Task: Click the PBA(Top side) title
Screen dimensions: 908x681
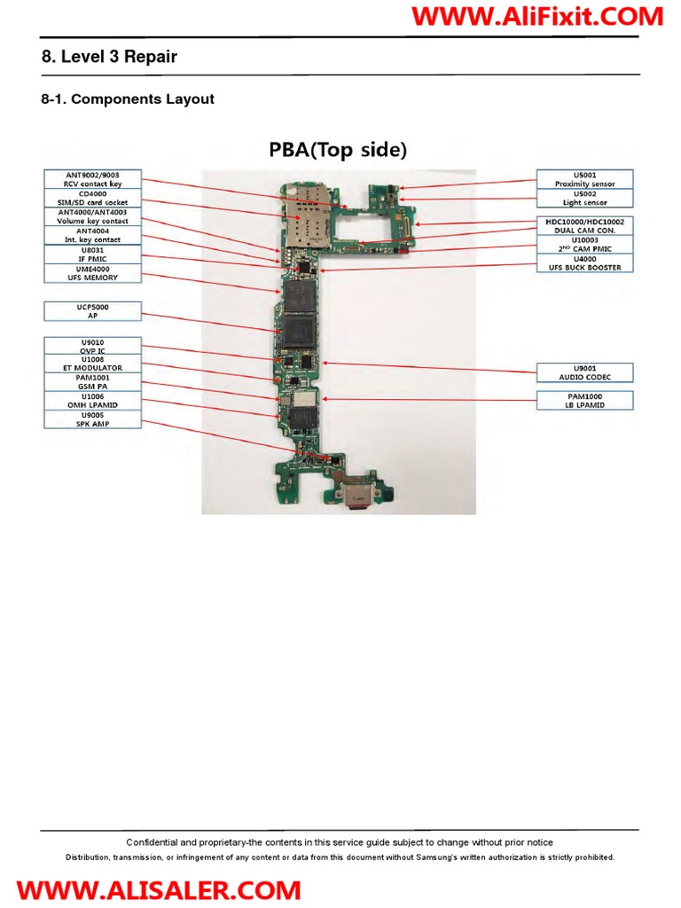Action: pyautogui.click(x=338, y=150)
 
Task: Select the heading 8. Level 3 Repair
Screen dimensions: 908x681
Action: pyautogui.click(x=109, y=57)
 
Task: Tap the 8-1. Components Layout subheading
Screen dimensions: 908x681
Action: pyautogui.click(x=128, y=99)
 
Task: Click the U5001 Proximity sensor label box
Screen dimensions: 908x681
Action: pyautogui.click(x=584, y=179)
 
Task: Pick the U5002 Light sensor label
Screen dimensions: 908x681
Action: pyautogui.click(x=584, y=198)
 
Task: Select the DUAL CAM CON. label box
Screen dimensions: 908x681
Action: pyautogui.click(x=584, y=225)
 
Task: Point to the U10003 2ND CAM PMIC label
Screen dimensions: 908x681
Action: pyautogui.click(x=584, y=244)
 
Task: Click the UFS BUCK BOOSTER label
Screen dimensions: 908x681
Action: pyautogui.click(x=584, y=262)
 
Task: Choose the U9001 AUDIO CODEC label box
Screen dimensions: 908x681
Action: pyautogui.click(x=584, y=372)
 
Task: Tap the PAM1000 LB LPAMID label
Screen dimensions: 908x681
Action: pyautogui.click(x=584, y=400)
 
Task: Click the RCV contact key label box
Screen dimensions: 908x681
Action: pyautogui.click(x=92, y=179)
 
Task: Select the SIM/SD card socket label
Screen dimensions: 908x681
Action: pyautogui.click(x=92, y=198)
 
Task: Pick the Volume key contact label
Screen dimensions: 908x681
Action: pyautogui.click(x=92, y=216)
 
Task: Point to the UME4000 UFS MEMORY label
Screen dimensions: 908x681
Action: pyautogui.click(x=92, y=273)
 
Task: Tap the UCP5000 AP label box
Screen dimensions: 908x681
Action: pyautogui.click(x=92, y=310)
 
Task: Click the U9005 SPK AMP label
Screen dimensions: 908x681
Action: pyautogui.click(x=92, y=419)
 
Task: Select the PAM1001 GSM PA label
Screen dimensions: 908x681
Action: pyautogui.click(x=92, y=381)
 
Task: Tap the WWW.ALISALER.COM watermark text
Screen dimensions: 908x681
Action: pyautogui.click(x=159, y=889)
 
